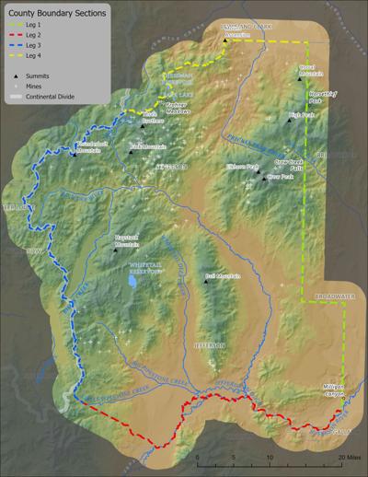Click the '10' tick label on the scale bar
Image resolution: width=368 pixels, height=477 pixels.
[269, 456]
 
